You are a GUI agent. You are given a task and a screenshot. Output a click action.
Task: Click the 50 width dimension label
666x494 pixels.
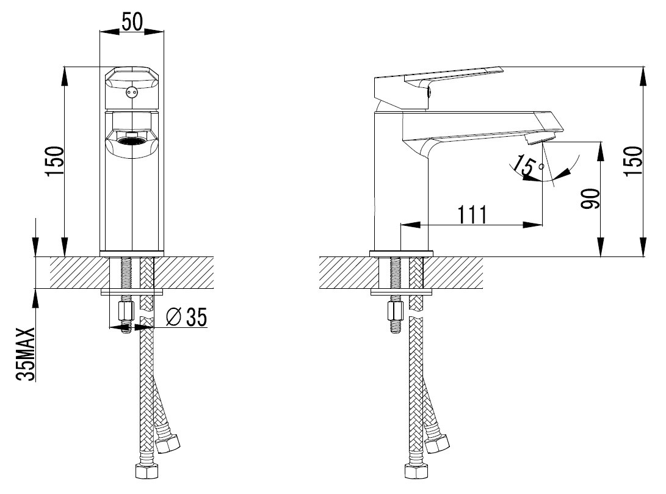[132, 21]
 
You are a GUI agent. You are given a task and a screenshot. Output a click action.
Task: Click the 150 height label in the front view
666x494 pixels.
[56, 161]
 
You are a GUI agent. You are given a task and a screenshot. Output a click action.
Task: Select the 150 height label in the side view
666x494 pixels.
[632, 161]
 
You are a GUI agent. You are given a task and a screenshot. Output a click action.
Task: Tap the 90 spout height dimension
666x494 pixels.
[590, 199]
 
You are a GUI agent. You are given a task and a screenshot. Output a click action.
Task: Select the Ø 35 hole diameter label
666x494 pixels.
[186, 317]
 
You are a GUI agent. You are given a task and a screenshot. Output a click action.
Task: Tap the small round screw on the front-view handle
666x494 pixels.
[132, 92]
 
